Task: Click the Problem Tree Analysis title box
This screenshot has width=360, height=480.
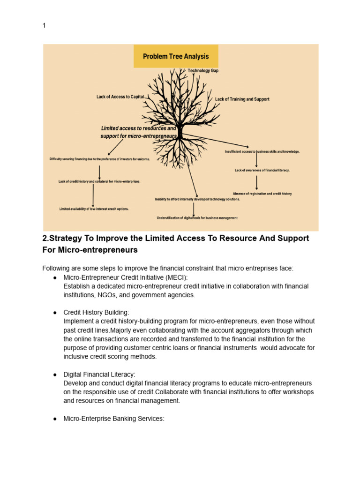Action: [176, 57]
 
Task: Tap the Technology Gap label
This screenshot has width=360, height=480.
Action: [203, 71]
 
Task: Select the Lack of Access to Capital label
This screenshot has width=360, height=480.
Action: [120, 97]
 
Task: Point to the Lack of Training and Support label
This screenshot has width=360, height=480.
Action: [242, 99]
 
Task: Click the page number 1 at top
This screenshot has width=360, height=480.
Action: [44, 26]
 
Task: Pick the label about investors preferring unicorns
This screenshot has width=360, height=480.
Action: [100, 159]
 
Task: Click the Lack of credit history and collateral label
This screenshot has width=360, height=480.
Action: [99, 181]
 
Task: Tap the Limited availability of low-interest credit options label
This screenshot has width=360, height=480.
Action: [94, 209]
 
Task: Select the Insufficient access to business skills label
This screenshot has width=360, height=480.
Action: [262, 152]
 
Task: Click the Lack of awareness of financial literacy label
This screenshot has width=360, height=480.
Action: [262, 171]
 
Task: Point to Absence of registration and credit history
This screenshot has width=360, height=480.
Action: [262, 194]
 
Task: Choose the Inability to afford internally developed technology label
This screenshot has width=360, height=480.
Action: [197, 199]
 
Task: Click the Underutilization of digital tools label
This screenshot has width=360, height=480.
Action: [197, 218]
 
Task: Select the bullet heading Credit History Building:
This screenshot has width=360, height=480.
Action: [96, 312]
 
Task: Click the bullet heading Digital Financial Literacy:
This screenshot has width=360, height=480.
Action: [99, 375]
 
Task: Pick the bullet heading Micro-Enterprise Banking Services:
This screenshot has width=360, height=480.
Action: [114, 419]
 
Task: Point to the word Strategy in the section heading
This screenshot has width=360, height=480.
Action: [64, 238]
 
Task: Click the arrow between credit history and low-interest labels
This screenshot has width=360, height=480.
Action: [93, 195]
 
